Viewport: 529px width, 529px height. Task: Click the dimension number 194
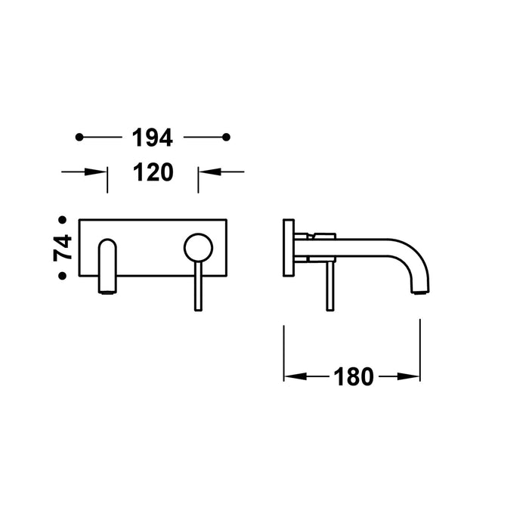coord(153,138)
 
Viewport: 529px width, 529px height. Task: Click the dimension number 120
coord(153,172)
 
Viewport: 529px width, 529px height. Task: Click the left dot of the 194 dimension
coord(79,137)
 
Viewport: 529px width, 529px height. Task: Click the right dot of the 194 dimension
coord(226,137)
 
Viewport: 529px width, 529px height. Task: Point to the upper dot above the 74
coord(63,220)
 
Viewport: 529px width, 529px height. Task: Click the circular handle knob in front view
coord(198,246)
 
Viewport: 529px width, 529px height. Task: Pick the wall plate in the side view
coord(288,249)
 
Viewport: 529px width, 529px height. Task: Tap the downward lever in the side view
coord(329,286)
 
